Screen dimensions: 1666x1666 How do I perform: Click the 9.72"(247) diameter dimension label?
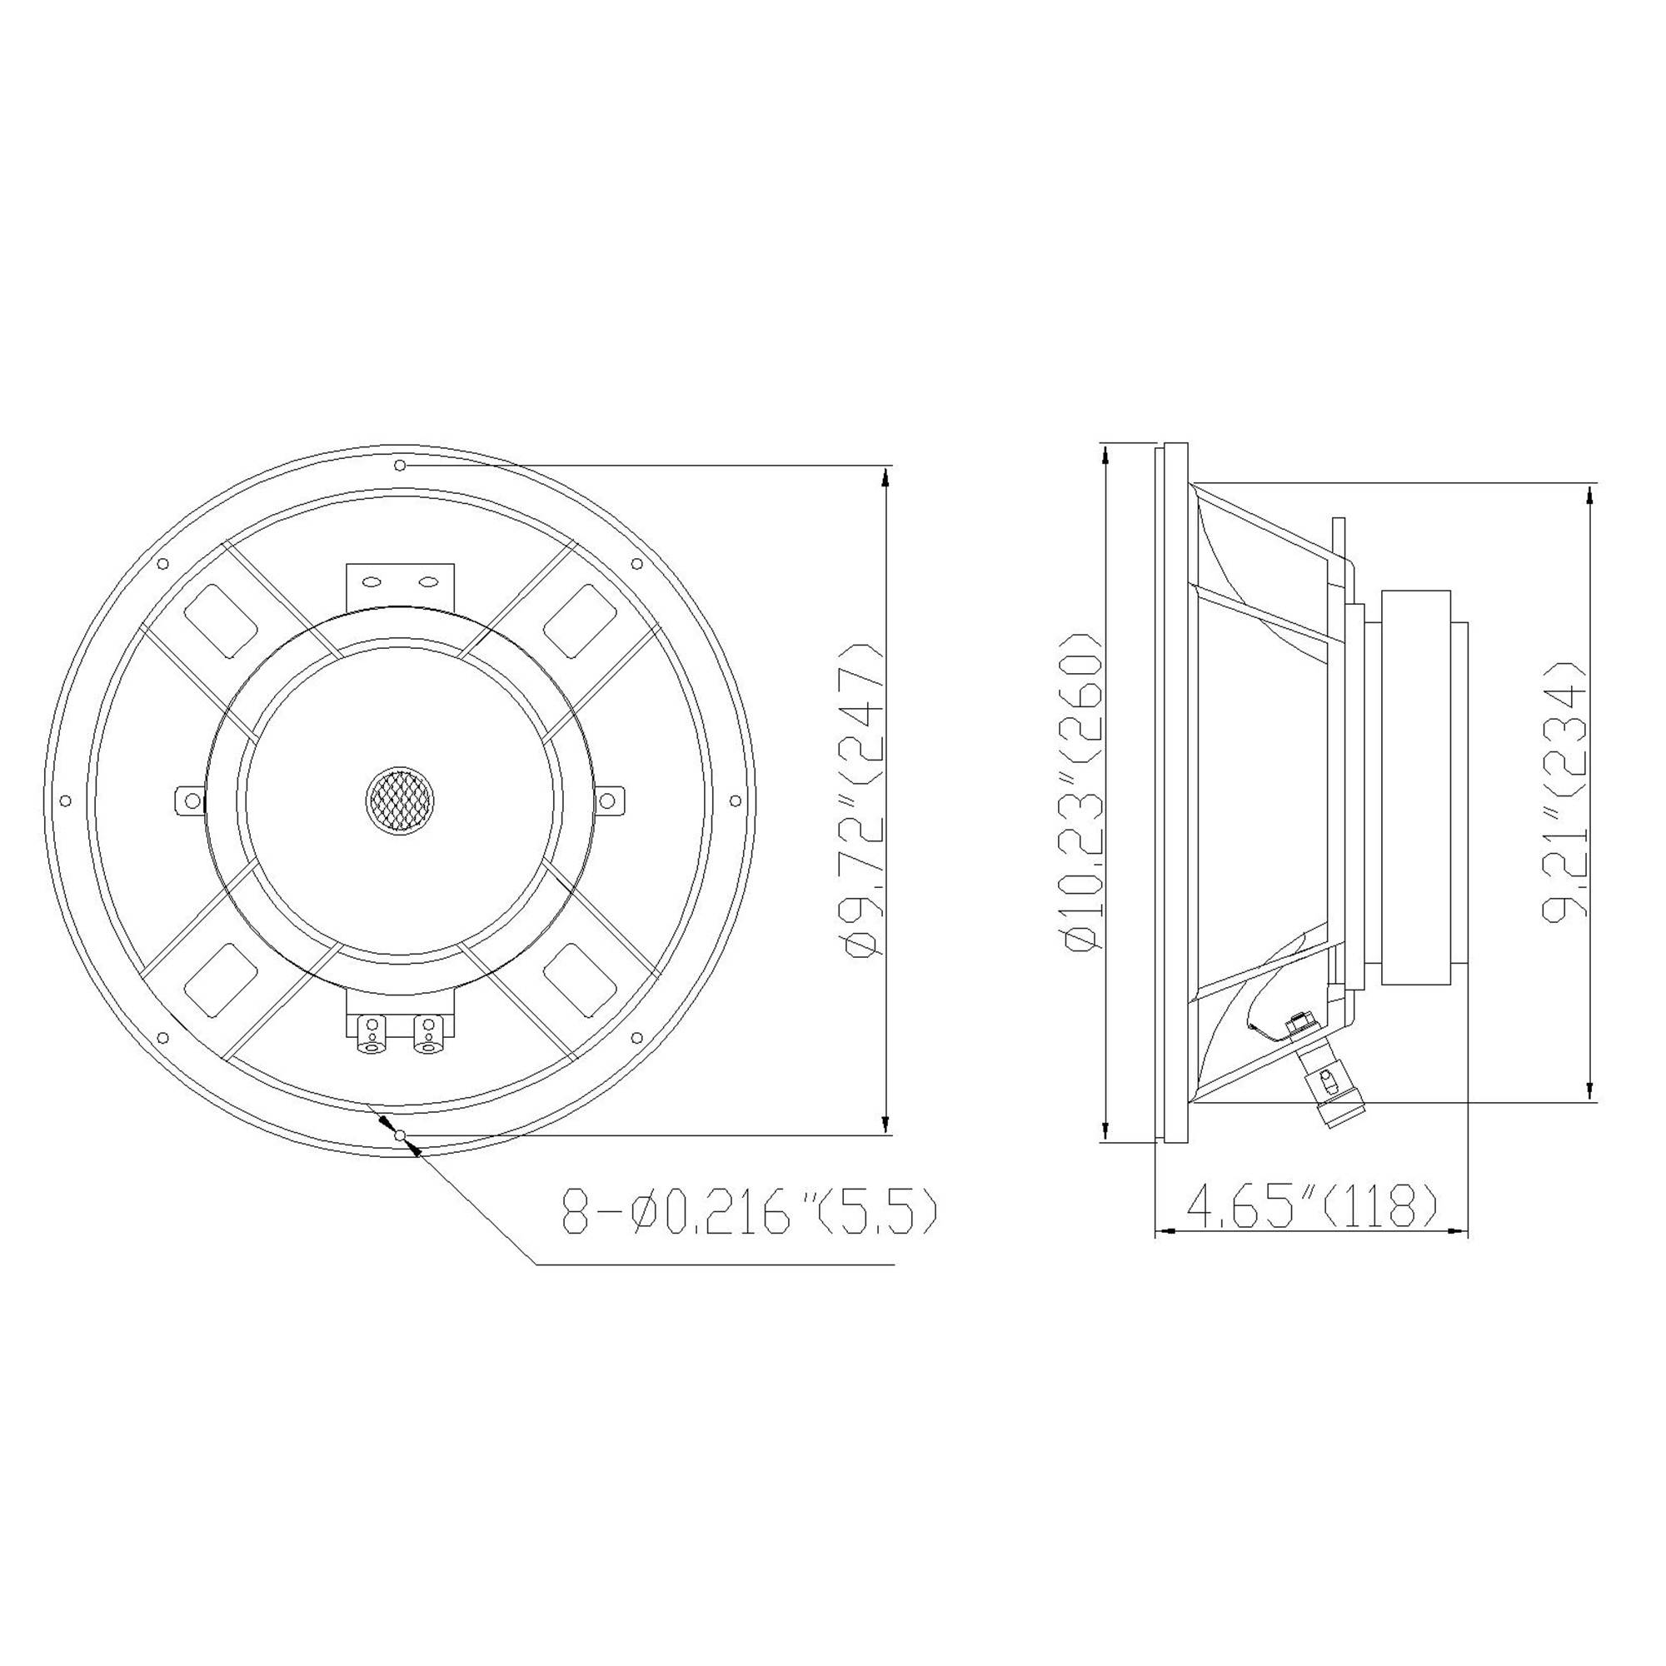point(865,801)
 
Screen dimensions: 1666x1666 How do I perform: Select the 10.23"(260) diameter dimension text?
point(1084,791)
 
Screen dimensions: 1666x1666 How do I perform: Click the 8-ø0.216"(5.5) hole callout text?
point(749,1210)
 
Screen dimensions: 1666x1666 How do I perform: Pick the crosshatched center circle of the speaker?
point(399,800)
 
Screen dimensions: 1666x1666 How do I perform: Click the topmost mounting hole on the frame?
point(399,466)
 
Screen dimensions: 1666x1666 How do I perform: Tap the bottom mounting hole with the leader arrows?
point(398,1135)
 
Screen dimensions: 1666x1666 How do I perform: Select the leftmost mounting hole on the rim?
point(65,801)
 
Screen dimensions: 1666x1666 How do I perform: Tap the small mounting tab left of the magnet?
point(189,801)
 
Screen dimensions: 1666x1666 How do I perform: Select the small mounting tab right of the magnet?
point(609,801)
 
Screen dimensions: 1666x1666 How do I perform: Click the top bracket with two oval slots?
point(399,583)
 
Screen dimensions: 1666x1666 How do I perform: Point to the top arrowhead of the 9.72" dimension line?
point(884,475)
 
